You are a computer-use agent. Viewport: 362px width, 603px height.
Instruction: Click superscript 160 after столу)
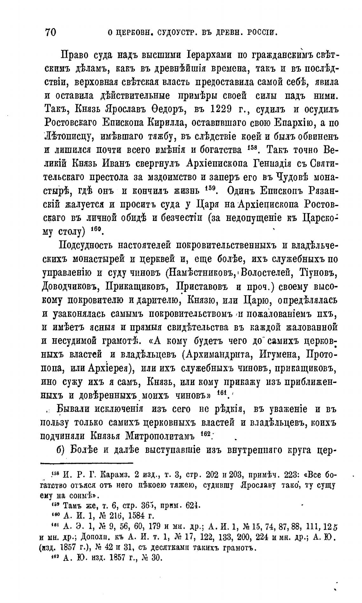(x=95, y=229)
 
